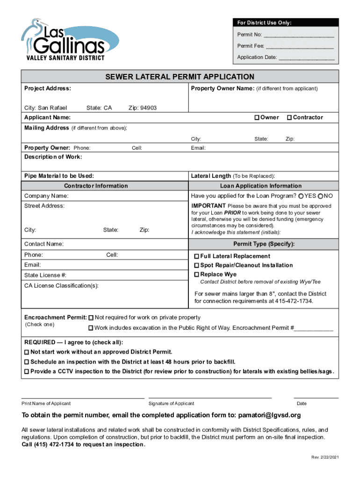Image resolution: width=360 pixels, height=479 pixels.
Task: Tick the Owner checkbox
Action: pyautogui.click(x=257, y=117)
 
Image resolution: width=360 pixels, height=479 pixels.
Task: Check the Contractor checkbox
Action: pyautogui.click(x=289, y=117)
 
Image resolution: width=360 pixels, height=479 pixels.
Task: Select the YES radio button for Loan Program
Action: pyautogui.click(x=301, y=196)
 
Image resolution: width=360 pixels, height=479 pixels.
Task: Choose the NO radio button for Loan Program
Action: pyautogui.click(x=321, y=196)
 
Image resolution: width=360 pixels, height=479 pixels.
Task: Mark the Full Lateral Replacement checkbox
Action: pyautogui.click(x=197, y=256)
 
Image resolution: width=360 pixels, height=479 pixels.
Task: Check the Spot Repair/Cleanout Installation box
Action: pyautogui.click(x=197, y=265)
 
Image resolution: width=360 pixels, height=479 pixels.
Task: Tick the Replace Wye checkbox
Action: pyautogui.click(x=197, y=275)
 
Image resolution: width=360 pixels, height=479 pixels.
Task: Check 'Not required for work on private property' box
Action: pyautogui.click(x=91, y=318)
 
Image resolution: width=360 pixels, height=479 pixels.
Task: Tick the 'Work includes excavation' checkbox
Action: pyautogui.click(x=91, y=328)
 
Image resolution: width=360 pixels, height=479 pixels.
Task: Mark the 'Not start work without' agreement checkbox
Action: pyautogui.click(x=27, y=352)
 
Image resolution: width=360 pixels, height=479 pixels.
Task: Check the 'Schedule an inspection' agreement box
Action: pyautogui.click(x=27, y=362)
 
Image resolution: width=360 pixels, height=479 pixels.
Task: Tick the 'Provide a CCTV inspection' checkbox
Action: pyautogui.click(x=27, y=371)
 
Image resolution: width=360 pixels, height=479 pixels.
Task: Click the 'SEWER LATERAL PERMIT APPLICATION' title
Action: pyautogui.click(x=180, y=77)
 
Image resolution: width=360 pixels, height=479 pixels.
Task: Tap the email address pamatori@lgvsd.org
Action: pyautogui.click(x=269, y=415)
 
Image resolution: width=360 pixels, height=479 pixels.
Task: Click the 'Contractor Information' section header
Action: pyautogui.click(x=96, y=186)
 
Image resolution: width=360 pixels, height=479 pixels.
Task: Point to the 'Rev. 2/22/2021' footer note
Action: pyautogui.click(x=324, y=457)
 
